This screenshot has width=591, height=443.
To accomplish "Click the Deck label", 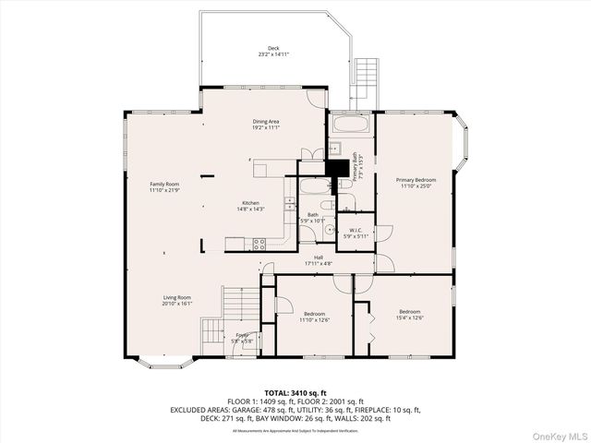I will pyautogui.click(x=273, y=48).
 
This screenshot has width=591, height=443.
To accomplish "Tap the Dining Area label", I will pyautogui.click(x=266, y=122).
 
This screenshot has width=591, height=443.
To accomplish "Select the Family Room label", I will pyautogui.click(x=164, y=184).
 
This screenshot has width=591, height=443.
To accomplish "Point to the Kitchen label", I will pyautogui.click(x=251, y=203).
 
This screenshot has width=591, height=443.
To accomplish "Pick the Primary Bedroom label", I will pyautogui.click(x=416, y=179).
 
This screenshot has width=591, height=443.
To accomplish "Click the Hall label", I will pyautogui.click(x=318, y=257).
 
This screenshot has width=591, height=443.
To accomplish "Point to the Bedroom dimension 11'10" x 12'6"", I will pyautogui.click(x=314, y=319).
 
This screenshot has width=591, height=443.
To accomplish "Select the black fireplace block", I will pyautogui.click(x=340, y=169).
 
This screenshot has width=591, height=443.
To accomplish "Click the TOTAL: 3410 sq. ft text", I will pyautogui.click(x=295, y=393).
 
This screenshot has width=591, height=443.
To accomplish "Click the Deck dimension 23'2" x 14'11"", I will pyautogui.click(x=273, y=54).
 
